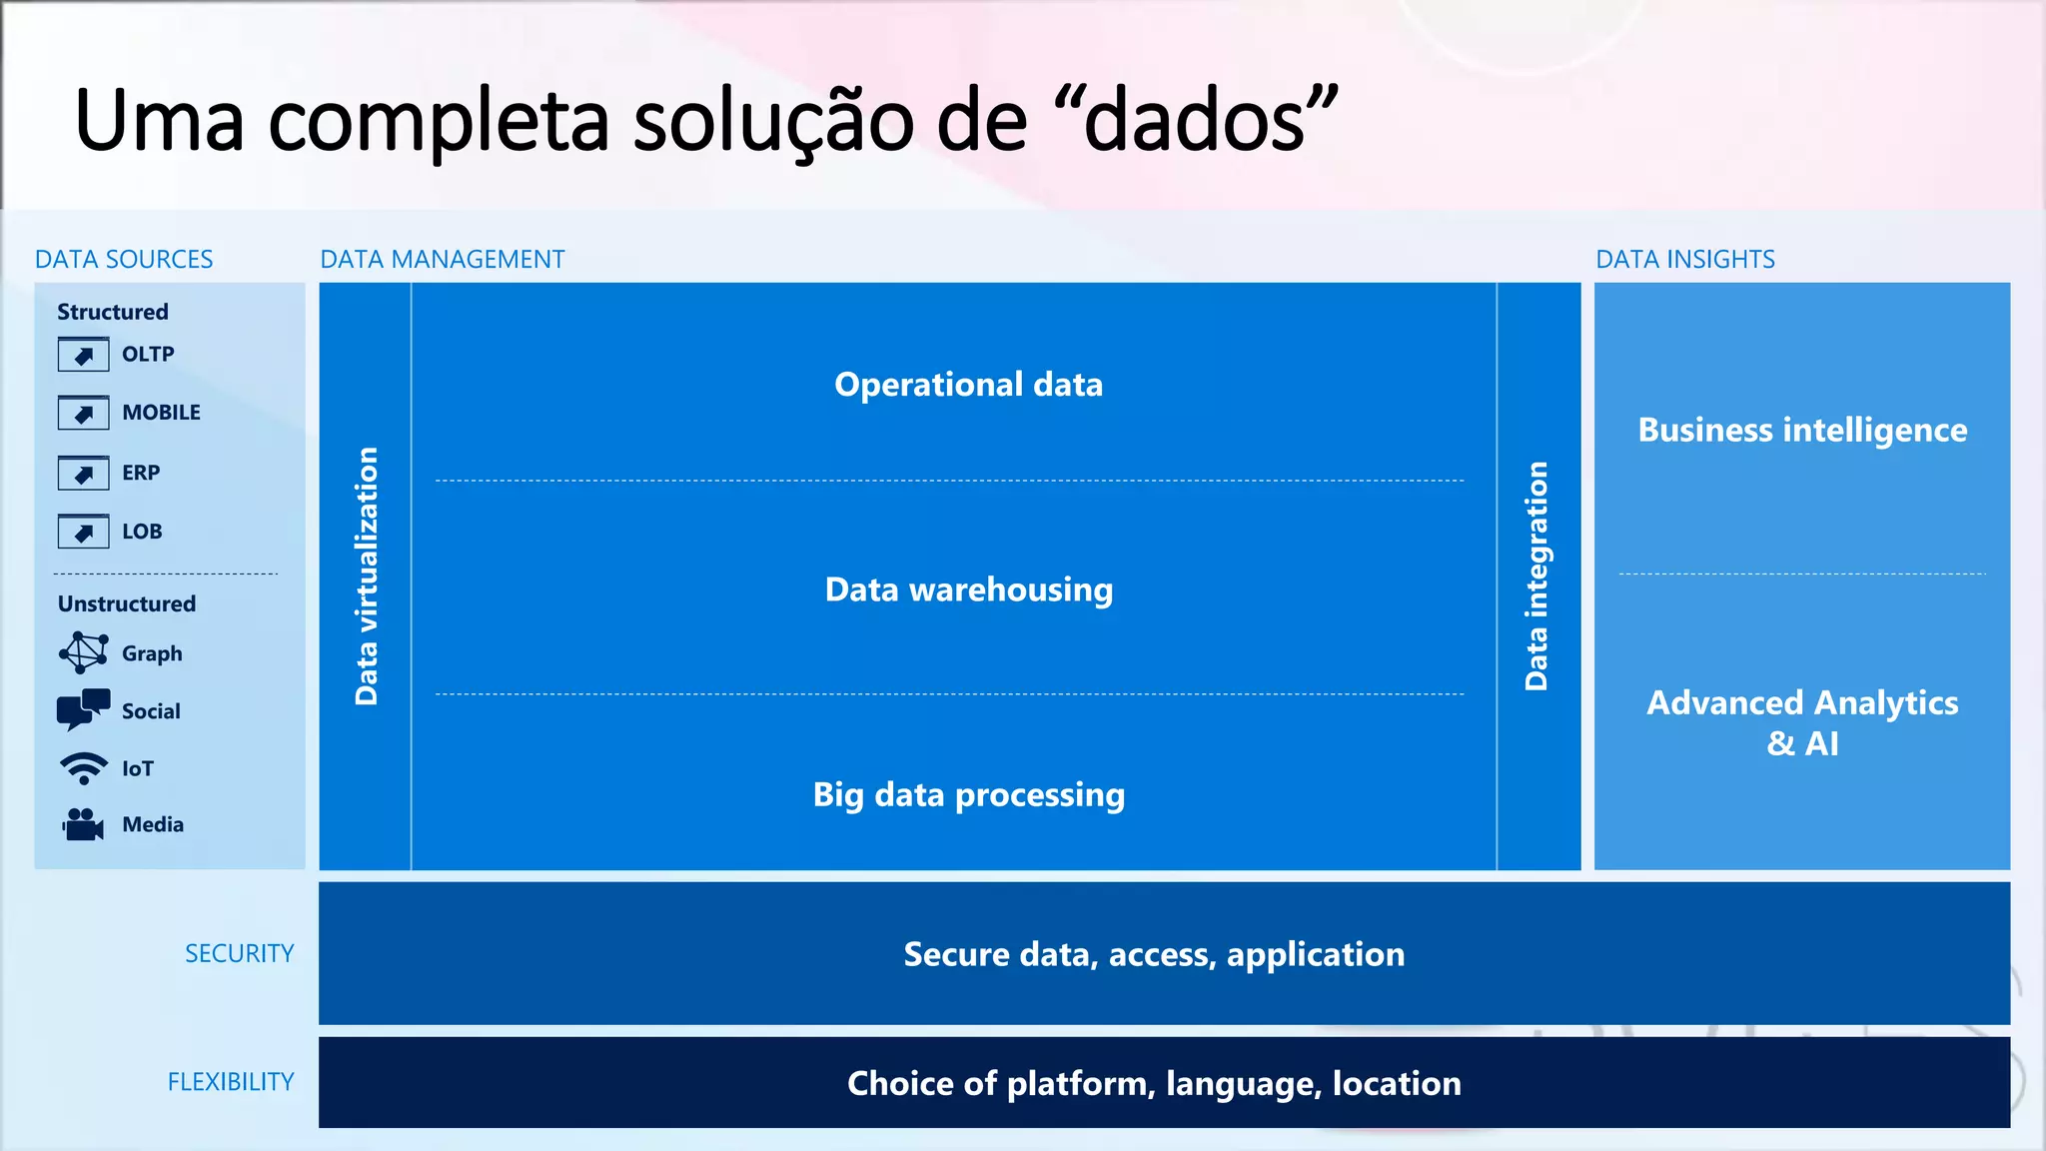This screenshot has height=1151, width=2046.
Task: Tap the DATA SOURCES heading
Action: tap(124, 260)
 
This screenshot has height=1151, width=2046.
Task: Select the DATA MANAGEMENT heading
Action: tap(443, 260)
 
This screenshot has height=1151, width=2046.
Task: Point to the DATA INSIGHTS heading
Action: tap(1685, 260)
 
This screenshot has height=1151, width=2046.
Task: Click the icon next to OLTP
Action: tap(83, 355)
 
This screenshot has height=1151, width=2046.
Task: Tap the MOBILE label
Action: tap(161, 413)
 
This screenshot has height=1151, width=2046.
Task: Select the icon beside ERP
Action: tap(83, 473)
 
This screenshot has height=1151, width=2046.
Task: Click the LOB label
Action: tap(142, 532)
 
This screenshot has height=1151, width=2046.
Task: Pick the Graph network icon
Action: tap(84, 653)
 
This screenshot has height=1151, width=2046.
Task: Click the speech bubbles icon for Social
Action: tap(84, 710)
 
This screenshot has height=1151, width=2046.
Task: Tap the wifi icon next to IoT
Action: tap(84, 768)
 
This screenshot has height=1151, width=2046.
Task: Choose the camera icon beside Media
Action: tap(84, 824)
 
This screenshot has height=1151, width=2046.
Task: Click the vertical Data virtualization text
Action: tap(367, 576)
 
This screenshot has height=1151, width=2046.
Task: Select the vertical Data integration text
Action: tap(1536, 576)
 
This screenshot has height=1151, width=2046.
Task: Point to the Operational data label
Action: tap(968, 385)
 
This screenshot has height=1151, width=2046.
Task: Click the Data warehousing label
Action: tap(968, 589)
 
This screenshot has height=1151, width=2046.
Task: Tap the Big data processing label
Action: tap(968, 795)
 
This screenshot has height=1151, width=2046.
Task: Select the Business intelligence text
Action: tap(1802, 431)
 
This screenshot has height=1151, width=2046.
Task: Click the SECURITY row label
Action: tap(240, 954)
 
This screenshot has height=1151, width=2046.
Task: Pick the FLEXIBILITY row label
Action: tap(231, 1082)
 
